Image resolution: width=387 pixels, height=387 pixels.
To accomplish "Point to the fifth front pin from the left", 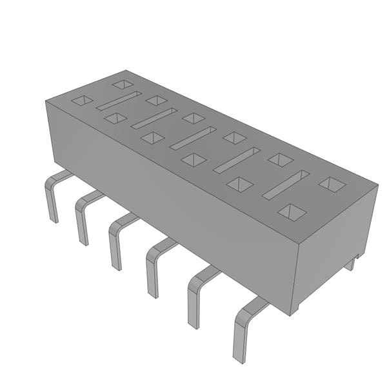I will (193, 297).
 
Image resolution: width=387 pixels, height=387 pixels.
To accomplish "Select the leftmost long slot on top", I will (119, 101).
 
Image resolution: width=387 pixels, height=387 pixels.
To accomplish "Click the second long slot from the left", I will (154, 119).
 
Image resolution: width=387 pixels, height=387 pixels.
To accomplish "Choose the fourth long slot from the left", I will (237, 160).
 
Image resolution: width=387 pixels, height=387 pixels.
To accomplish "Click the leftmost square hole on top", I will (82, 100).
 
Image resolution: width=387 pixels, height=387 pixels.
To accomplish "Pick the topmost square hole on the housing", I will (122, 84).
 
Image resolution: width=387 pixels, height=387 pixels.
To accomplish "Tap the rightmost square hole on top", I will (332, 184).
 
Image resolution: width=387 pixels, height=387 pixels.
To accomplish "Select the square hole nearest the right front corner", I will (292, 212).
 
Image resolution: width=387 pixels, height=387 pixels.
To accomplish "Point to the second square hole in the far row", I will (157, 100).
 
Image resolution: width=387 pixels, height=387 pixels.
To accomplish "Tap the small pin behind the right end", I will (352, 263).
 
